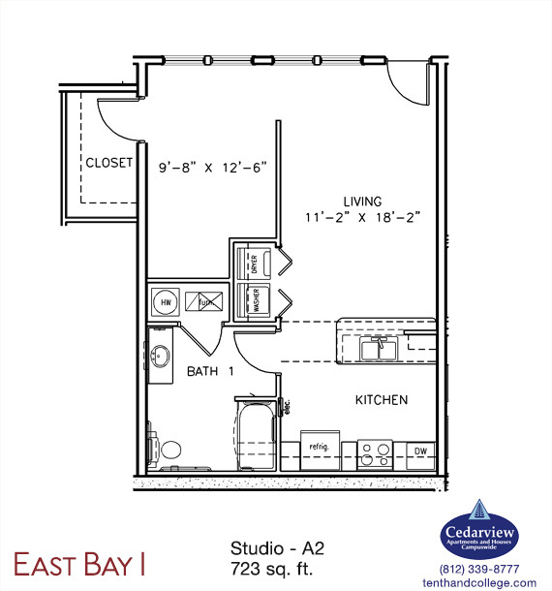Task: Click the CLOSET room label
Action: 108,163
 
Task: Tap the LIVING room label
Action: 361,201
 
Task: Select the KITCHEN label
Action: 381,399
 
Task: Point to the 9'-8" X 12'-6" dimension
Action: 212,166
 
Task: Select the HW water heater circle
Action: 166,301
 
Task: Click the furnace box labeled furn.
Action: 204,301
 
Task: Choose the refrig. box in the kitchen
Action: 320,448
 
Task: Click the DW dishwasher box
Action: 420,451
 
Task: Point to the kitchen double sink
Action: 379,346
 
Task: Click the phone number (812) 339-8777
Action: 478,570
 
